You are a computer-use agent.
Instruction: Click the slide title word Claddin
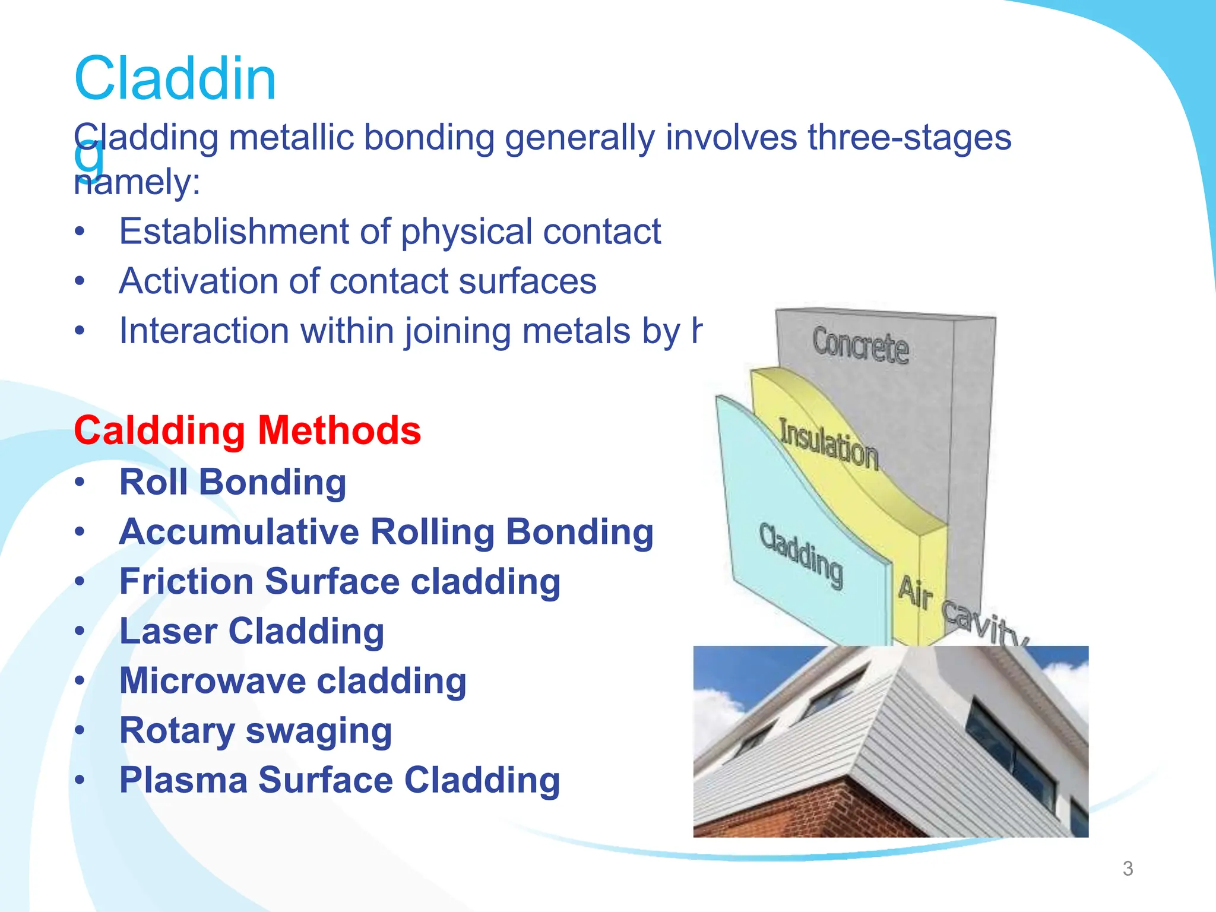coord(175,79)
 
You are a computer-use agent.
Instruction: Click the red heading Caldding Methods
coord(247,430)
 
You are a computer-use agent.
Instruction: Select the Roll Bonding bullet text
coord(233,482)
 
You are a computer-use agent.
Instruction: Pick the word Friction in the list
coord(186,581)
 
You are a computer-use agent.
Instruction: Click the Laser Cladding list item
coord(252,631)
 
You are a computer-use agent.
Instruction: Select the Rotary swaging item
coord(255,730)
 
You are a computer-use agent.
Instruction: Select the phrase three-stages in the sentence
coord(908,138)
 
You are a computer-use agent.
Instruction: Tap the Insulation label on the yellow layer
coord(828,444)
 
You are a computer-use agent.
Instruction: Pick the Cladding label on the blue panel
coord(801,555)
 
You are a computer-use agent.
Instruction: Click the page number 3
coord(1128,869)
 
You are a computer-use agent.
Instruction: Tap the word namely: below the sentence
coord(137,182)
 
